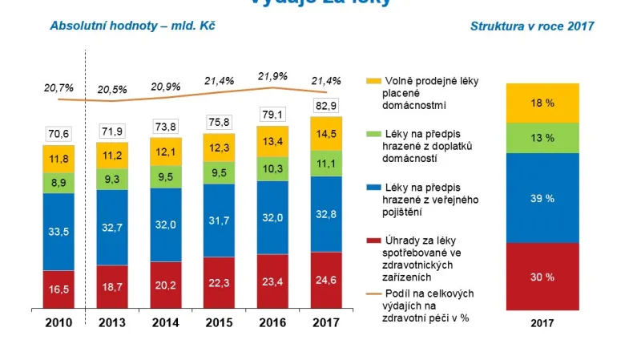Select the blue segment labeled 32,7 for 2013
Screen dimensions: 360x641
(x=112, y=228)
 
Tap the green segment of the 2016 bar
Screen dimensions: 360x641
(x=273, y=169)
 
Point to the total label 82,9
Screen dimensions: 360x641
(x=327, y=106)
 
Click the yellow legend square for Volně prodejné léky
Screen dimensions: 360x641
(x=373, y=81)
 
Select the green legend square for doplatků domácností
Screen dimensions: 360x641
(x=373, y=134)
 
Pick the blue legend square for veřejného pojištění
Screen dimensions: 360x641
(x=373, y=186)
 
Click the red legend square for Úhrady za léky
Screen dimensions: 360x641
(x=373, y=240)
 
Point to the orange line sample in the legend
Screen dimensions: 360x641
(x=373, y=294)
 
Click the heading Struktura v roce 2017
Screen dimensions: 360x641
(x=532, y=26)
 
